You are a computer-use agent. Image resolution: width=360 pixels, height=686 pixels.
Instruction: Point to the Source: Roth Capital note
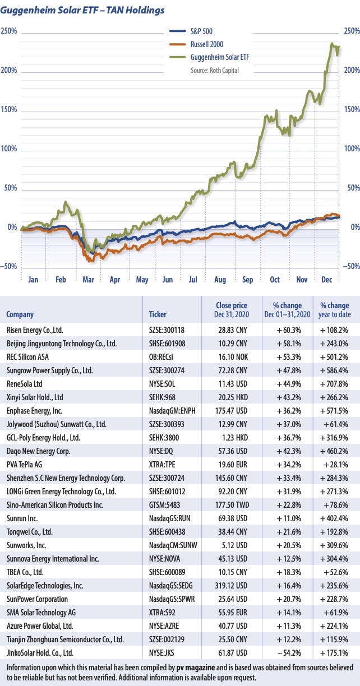pyautogui.click(x=215, y=70)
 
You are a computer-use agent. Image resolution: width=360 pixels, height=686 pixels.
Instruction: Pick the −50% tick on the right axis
pyautogui.click(x=350, y=267)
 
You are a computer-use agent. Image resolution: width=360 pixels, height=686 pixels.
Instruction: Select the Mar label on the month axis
pyautogui.click(x=87, y=279)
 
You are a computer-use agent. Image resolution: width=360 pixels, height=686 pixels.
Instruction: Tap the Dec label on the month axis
pyautogui.click(x=327, y=279)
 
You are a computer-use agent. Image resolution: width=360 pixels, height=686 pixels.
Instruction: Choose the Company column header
pyautogui.click(x=20, y=314)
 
